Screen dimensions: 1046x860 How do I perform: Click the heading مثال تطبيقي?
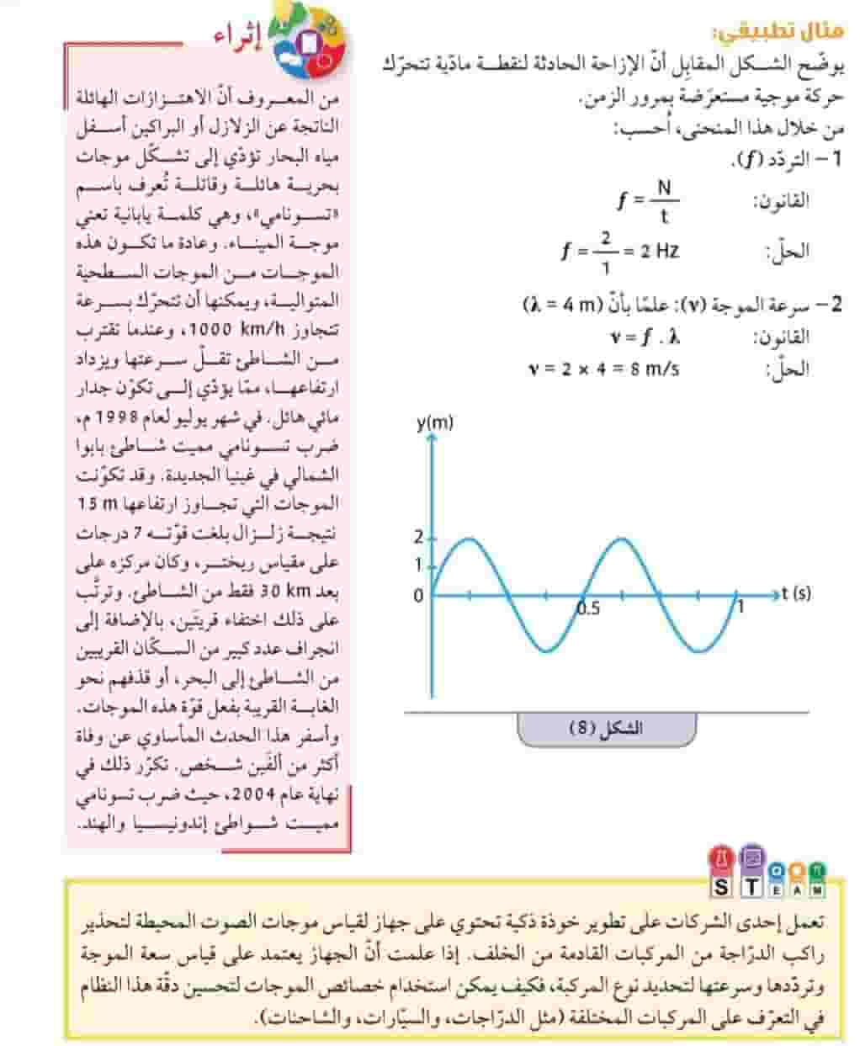777,34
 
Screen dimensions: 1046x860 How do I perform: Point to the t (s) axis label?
795,593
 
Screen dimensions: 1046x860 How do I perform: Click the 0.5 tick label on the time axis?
588,608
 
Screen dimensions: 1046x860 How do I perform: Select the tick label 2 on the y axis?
418,538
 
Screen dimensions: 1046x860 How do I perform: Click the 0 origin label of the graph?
418,596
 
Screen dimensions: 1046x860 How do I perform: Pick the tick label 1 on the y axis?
418,565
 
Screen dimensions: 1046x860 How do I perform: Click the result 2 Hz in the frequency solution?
659,250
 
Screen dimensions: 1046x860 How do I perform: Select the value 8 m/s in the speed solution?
655,369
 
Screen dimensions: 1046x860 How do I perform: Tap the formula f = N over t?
647,200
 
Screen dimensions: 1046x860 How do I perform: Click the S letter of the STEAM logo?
722,888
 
